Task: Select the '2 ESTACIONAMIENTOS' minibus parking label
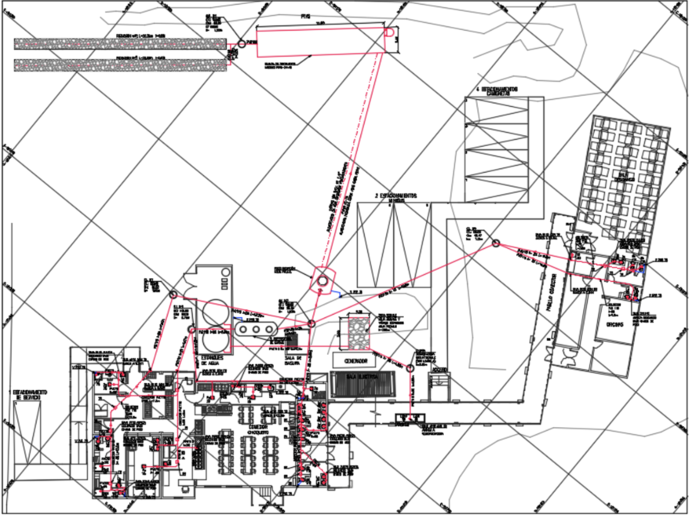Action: (395, 197)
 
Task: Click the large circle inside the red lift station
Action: (322, 281)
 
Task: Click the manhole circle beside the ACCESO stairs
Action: (410, 368)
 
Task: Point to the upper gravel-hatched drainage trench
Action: (120, 43)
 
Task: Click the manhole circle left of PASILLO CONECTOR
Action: (496, 244)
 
